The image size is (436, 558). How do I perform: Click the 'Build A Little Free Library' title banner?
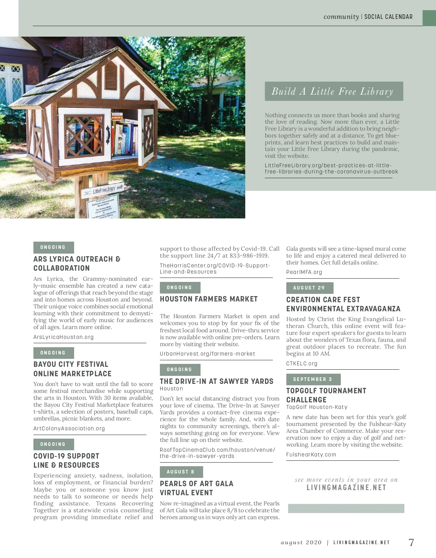(x=334, y=91)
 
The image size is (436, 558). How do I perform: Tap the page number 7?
(x=411, y=542)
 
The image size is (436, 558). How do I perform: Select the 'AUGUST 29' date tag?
(x=309, y=288)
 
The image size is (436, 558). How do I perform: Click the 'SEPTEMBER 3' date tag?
(x=313, y=379)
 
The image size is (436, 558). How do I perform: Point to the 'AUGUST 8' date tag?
(x=181, y=472)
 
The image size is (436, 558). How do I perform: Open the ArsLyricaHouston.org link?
(x=64, y=337)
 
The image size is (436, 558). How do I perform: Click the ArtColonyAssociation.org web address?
(x=69, y=428)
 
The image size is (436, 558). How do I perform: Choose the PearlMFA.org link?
(x=304, y=272)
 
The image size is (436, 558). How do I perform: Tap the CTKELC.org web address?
(x=302, y=364)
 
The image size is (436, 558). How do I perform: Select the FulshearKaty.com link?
(x=311, y=455)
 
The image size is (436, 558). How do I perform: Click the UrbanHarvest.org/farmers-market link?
(x=207, y=354)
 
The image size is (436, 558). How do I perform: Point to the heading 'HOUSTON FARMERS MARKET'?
(x=209, y=299)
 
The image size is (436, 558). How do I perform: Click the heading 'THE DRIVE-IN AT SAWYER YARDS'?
(x=217, y=381)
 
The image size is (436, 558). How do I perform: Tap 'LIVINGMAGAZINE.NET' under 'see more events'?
(x=346, y=488)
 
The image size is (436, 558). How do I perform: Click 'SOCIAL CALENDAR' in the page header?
(x=388, y=17)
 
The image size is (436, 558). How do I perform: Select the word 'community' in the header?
(x=341, y=17)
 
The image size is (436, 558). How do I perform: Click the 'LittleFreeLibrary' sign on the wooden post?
(x=104, y=189)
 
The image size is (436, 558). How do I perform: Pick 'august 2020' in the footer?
(x=301, y=543)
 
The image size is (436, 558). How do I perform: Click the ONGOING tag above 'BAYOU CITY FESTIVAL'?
(x=53, y=353)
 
